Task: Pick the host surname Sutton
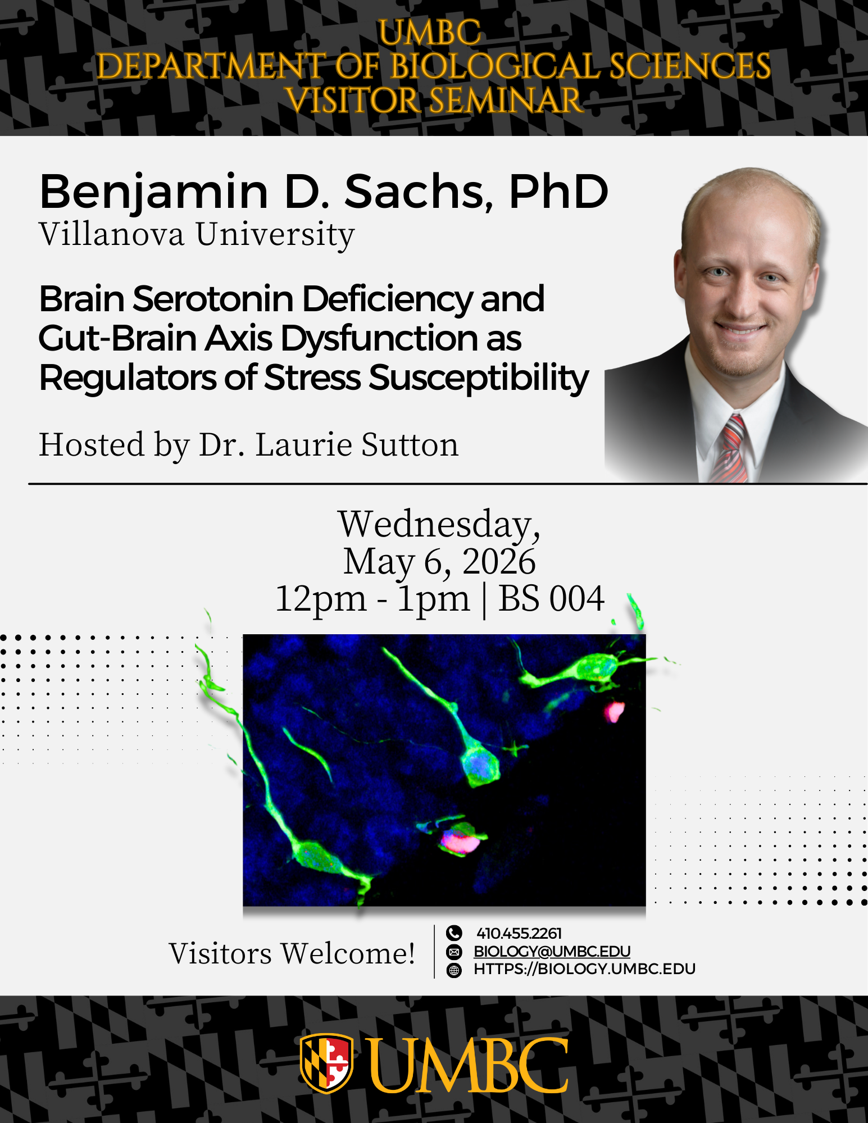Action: [x=410, y=445]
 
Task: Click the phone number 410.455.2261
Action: [x=519, y=933]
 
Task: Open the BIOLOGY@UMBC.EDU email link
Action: [x=552, y=951]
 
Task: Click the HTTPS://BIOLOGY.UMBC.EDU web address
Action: [x=585, y=969]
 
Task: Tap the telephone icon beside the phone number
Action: [x=454, y=933]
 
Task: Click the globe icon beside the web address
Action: [x=454, y=970]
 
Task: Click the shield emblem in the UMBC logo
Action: [x=326, y=1063]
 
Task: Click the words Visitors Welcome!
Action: [x=292, y=954]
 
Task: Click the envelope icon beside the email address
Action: [x=454, y=952]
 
